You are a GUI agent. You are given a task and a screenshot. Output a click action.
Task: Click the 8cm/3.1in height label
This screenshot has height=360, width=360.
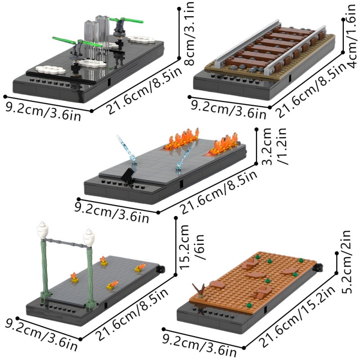(x=189, y=33)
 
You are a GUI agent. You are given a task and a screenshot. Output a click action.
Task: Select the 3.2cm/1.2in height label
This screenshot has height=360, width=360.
(x=275, y=146)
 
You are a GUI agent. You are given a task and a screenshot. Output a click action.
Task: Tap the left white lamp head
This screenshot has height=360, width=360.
(x=42, y=231)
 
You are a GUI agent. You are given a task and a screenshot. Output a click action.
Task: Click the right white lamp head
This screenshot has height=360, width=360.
(x=89, y=238)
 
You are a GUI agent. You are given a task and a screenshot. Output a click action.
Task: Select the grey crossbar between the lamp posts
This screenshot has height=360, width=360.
(x=66, y=243)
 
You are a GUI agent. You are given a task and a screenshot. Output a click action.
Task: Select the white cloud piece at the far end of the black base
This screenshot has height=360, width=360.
(x=142, y=40)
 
